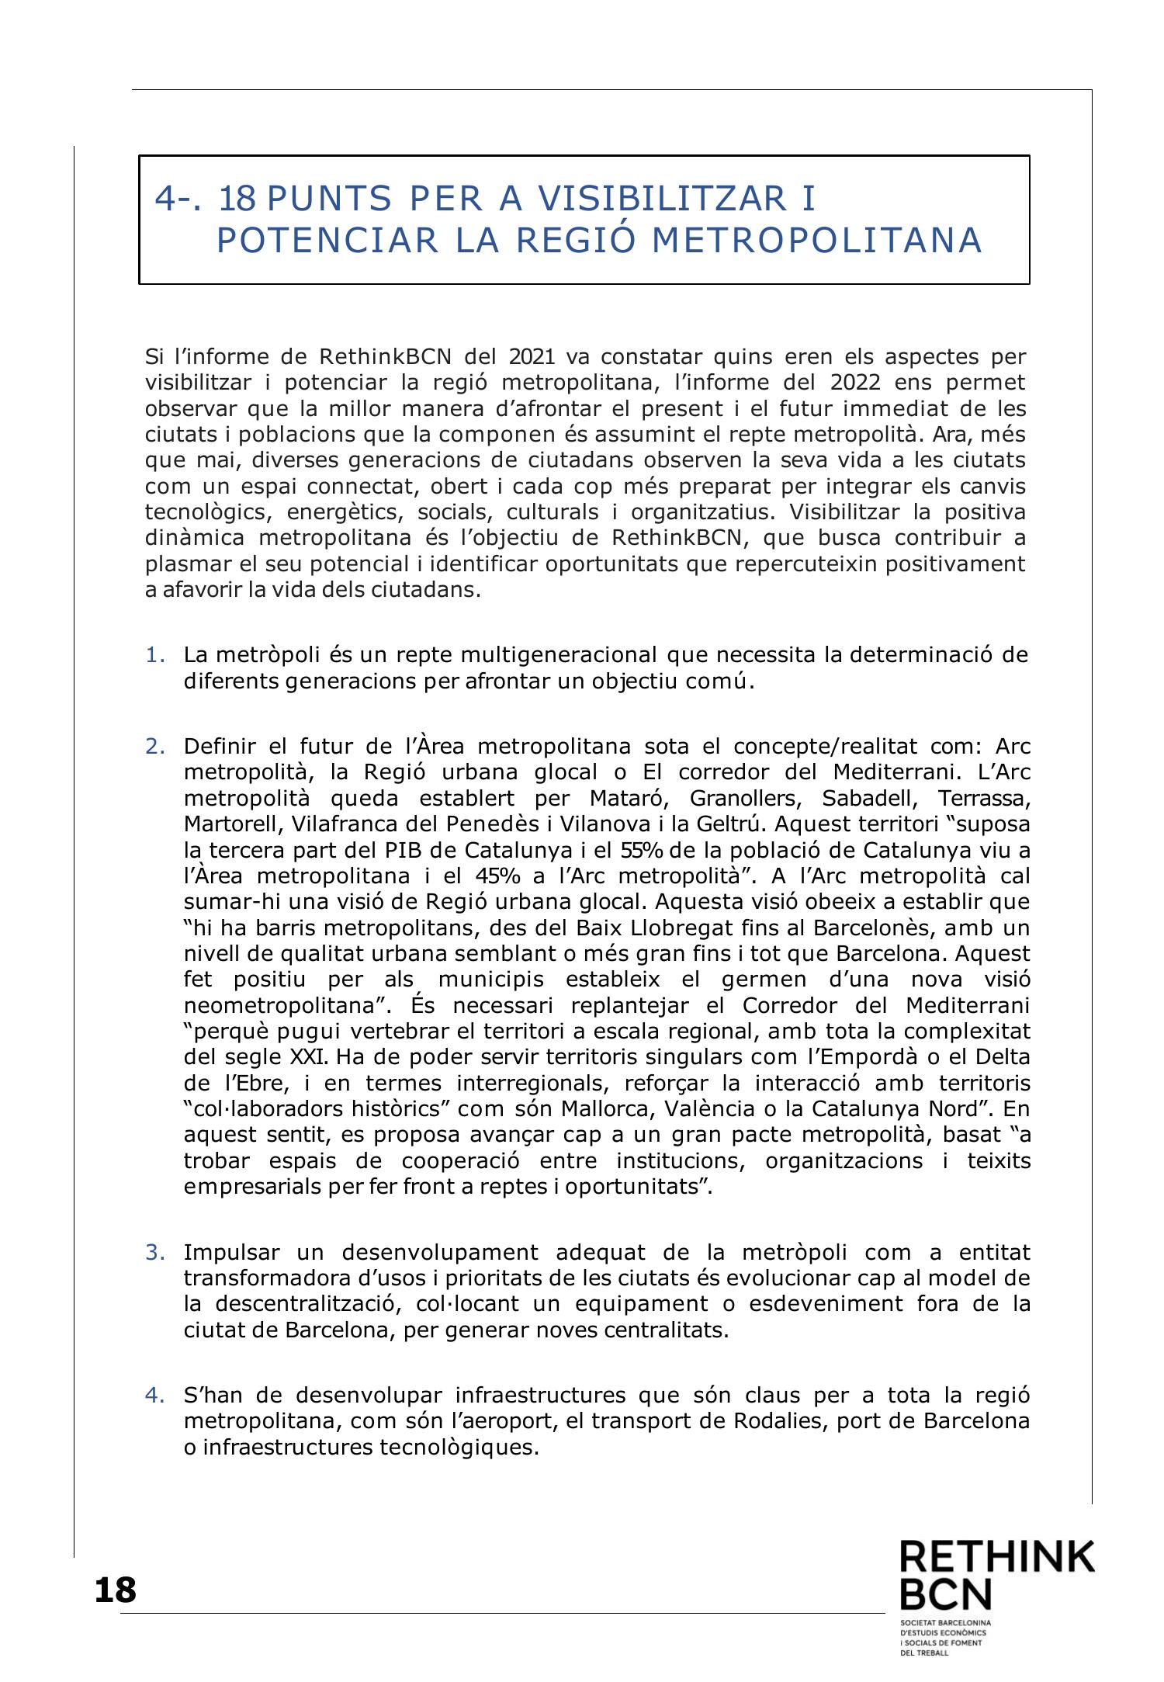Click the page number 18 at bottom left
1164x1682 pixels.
click(x=115, y=1590)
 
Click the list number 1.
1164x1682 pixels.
click(x=154, y=656)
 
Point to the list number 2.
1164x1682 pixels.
click(x=154, y=747)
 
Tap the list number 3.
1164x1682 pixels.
click(x=154, y=1252)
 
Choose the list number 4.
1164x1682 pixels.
click(x=154, y=1395)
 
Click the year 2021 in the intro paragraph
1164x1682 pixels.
click(x=532, y=357)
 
